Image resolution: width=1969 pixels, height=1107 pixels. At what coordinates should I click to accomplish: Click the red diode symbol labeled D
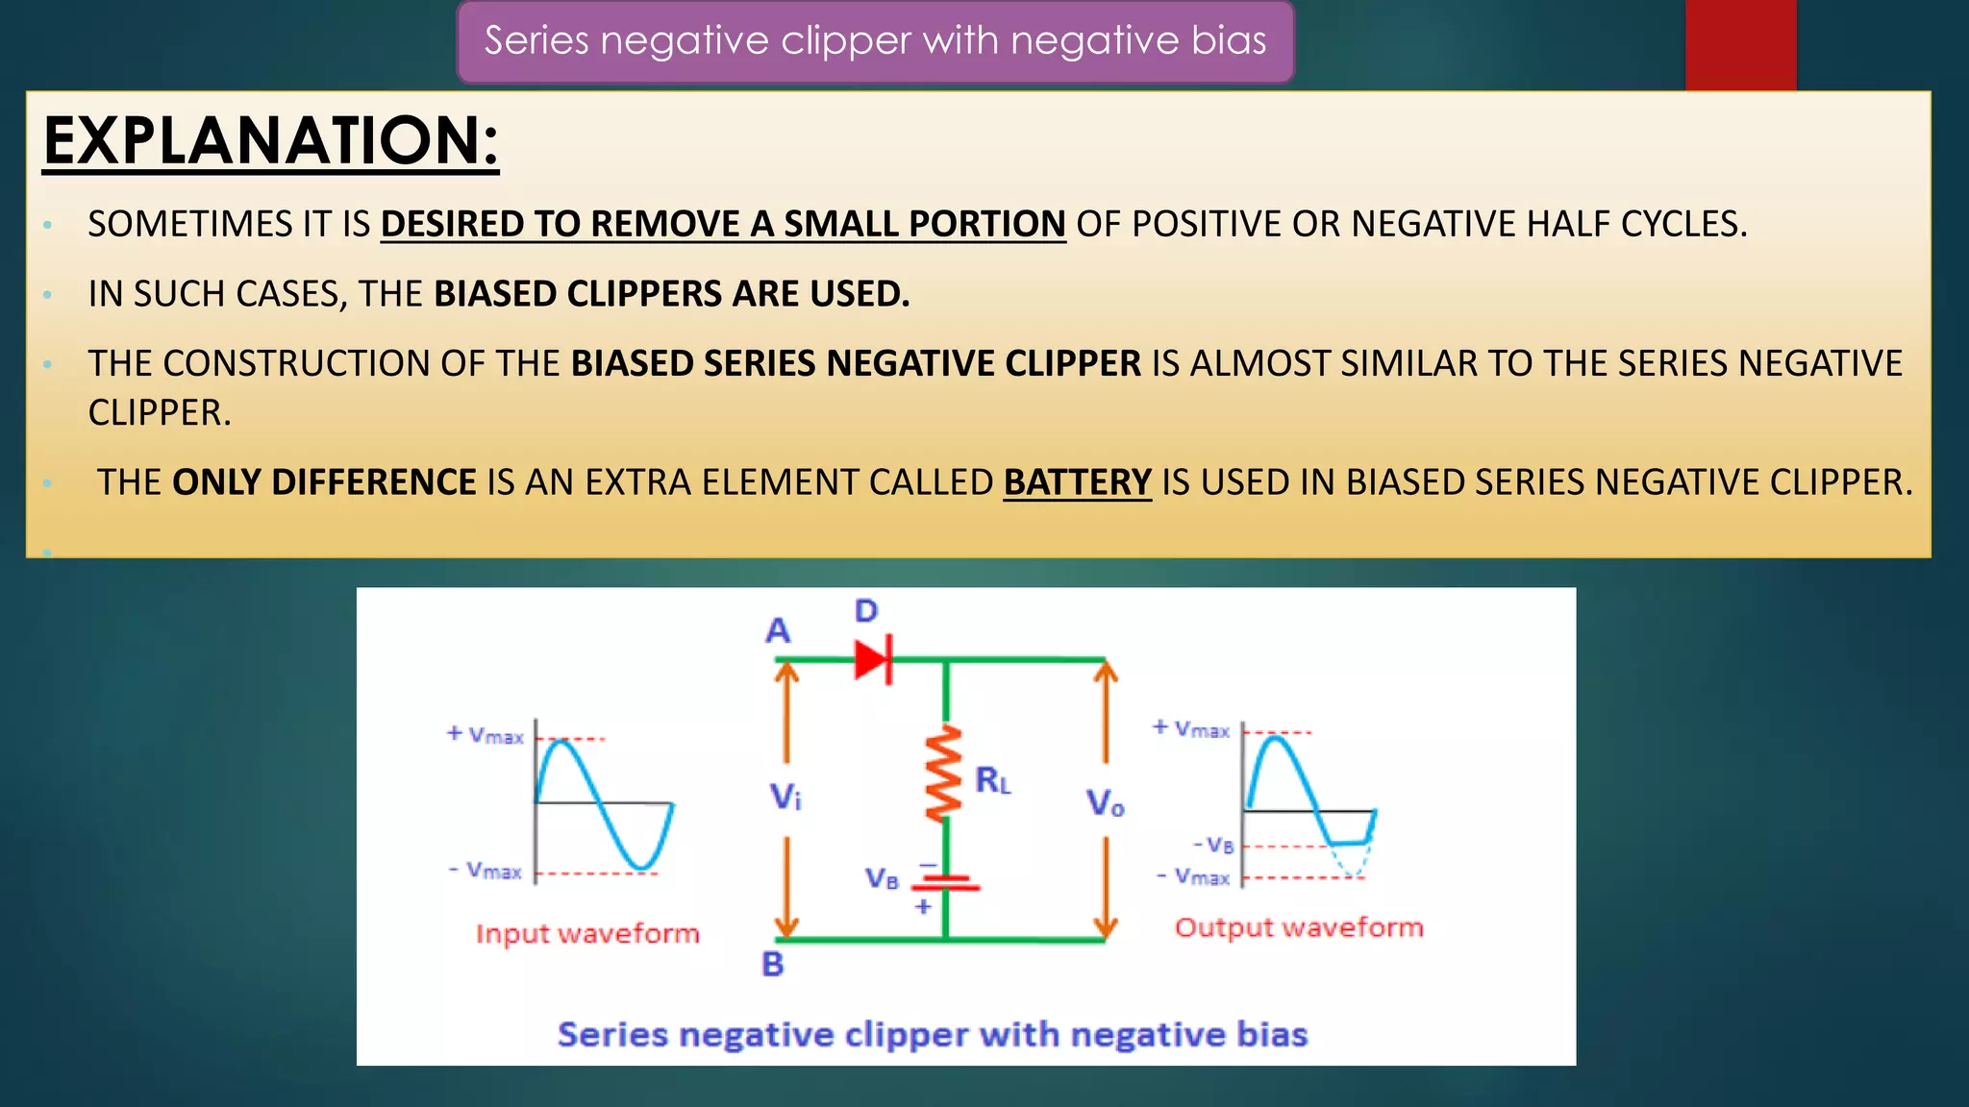[x=873, y=660]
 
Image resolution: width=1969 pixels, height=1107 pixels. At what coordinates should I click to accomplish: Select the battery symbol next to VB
[x=946, y=882]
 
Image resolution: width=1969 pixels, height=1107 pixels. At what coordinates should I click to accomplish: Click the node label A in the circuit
[x=778, y=631]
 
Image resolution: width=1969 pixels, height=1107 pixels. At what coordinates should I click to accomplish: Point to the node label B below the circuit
[x=773, y=964]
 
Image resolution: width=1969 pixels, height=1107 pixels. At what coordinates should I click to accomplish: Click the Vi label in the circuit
[x=785, y=797]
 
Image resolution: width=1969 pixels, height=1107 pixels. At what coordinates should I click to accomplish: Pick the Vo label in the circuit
[x=1105, y=802]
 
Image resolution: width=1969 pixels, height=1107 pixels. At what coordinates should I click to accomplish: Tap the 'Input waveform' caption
[x=587, y=934]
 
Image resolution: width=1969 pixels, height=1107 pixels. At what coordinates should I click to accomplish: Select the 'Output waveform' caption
[x=1298, y=928]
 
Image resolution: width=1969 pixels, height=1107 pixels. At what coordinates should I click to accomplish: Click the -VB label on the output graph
[x=1213, y=846]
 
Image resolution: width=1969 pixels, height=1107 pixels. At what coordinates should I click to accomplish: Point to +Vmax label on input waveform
[x=486, y=735]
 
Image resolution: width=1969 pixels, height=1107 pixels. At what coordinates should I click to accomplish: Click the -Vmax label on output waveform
[x=1193, y=877]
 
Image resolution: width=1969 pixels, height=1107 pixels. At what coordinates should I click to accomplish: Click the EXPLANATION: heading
[x=271, y=141]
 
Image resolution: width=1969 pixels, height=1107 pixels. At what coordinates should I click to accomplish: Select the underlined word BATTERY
[x=1077, y=482]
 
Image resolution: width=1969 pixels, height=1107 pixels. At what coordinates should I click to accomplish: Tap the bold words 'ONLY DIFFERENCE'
[x=324, y=482]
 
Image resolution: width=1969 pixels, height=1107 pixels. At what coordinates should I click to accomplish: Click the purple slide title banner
[x=875, y=41]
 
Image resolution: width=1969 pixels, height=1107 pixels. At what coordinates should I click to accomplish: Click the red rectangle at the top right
[x=1740, y=44]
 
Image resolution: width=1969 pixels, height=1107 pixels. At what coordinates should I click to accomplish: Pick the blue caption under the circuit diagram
[x=933, y=1035]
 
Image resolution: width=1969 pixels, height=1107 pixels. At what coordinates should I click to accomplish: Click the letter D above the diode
[x=866, y=611]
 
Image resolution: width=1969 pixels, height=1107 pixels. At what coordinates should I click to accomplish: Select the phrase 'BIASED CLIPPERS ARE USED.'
[x=671, y=294]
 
